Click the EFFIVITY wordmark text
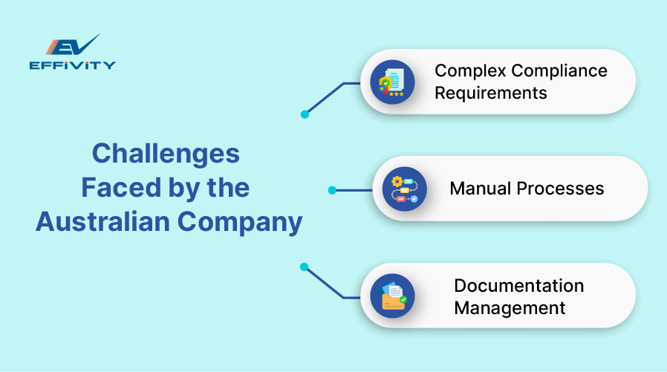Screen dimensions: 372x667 point(72,65)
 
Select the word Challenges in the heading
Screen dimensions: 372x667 point(166,154)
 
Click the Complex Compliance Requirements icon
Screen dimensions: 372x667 point(392,82)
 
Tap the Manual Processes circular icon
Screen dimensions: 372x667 point(404,189)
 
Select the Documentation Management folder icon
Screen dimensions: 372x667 point(392,296)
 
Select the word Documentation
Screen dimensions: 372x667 point(518,286)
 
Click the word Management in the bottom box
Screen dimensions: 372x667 point(510,307)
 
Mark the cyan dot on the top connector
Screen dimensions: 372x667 point(305,114)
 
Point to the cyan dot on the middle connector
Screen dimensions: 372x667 point(332,190)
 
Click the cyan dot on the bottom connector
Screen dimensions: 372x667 point(304,267)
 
